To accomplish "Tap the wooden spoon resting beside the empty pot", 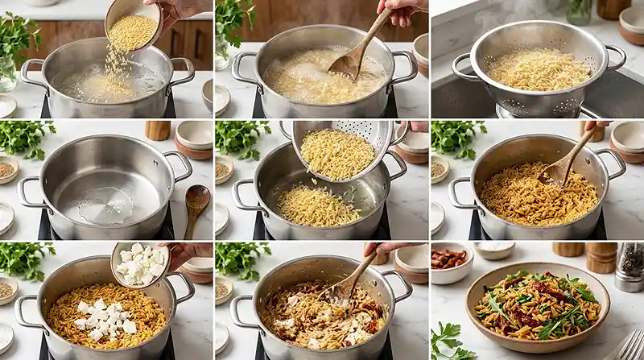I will [x=196, y=205].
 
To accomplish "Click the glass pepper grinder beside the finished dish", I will [x=630, y=266].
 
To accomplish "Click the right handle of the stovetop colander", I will [x=617, y=57].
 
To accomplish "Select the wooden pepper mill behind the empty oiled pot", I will [x=158, y=130].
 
